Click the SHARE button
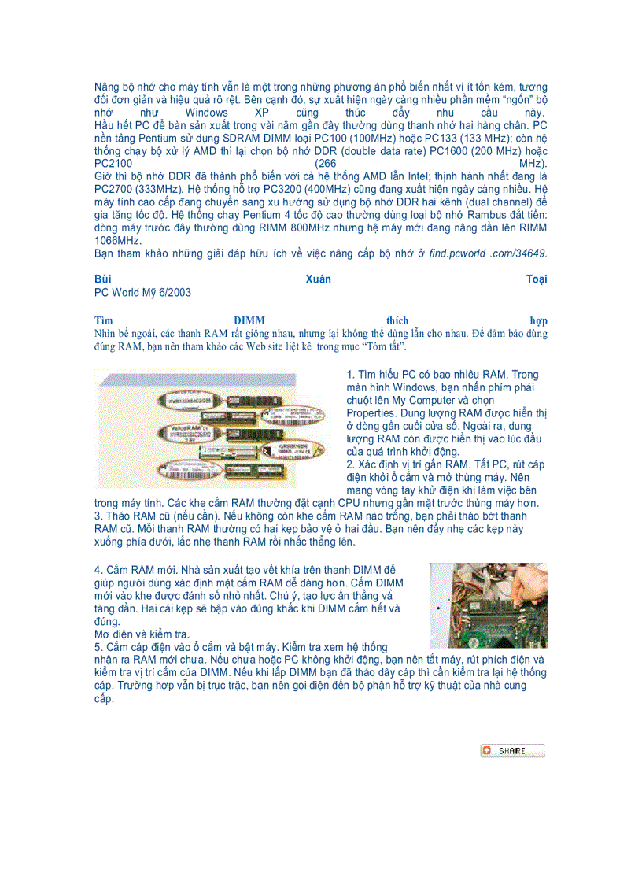click(512, 751)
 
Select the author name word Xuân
click(319, 279)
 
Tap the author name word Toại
click(537, 279)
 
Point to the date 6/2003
click(173, 292)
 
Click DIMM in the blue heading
click(249, 320)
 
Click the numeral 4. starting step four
click(98, 569)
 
